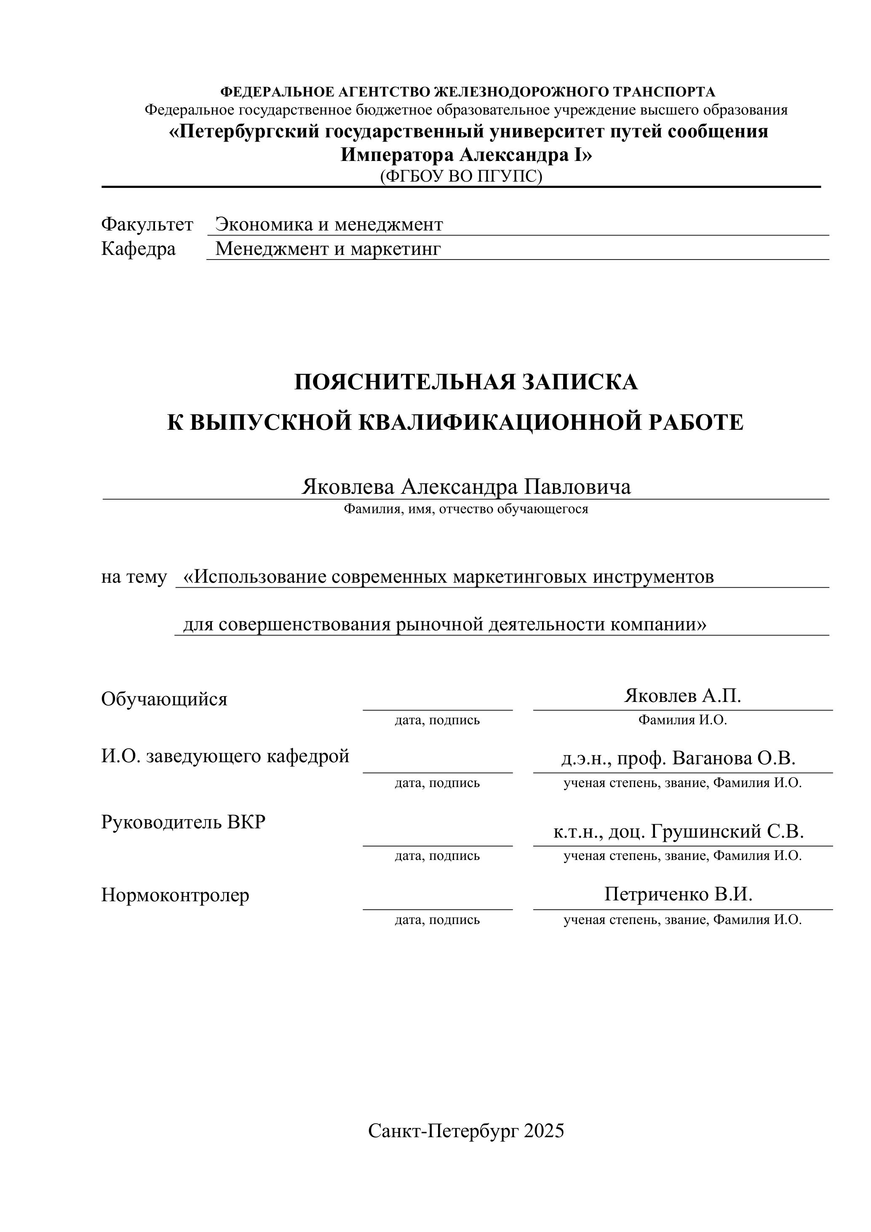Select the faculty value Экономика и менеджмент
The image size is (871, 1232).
329,224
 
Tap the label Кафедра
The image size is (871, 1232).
139,249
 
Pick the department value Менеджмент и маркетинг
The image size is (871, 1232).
328,249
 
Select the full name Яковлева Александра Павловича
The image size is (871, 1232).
466,487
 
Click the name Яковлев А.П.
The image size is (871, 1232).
682,696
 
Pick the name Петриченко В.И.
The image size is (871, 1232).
679,894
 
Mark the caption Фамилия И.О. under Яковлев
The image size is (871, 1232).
682,720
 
